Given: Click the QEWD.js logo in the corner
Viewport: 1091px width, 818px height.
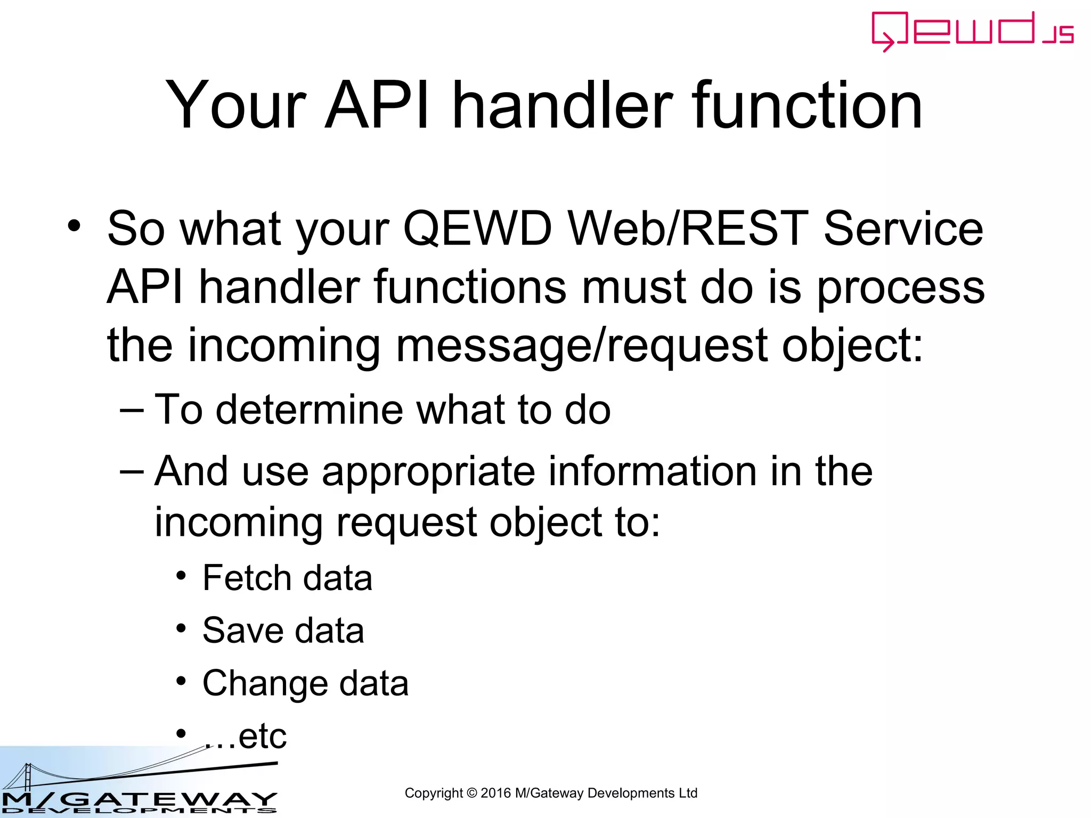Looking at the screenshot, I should coord(972,31).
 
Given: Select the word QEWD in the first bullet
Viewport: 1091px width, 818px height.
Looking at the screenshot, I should coord(477,229).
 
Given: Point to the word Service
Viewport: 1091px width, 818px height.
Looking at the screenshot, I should coord(903,229).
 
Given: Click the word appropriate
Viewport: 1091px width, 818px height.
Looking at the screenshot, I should coord(428,472).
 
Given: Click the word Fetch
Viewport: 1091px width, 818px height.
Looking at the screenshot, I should coord(246,578).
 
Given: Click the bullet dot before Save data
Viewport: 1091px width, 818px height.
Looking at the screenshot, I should coord(182,628).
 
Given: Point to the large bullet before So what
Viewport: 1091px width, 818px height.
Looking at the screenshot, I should coord(75,226).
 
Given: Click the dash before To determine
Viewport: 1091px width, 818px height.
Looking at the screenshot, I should coord(132,410).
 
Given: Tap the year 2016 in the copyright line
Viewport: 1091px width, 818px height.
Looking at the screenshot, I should coord(495,793).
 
